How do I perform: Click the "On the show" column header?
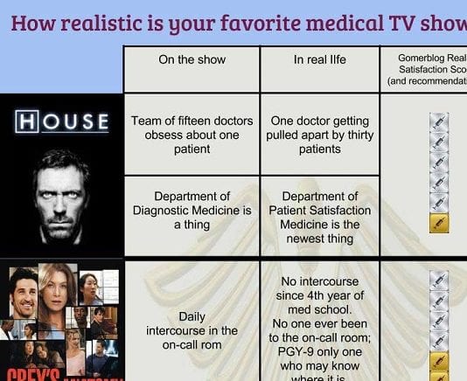tap(192, 60)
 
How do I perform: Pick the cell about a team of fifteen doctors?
tap(192, 135)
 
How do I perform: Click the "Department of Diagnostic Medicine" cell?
tap(192, 210)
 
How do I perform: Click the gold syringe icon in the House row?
tap(439, 223)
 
